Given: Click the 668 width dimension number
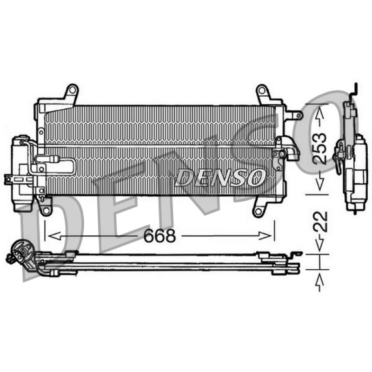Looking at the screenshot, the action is coord(160,236).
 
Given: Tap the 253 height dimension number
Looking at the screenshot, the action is coord(319,148).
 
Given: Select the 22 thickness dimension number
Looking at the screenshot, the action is coord(320,222).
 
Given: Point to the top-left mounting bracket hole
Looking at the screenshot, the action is coord(73,90).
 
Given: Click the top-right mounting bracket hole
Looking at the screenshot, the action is coord(261,90).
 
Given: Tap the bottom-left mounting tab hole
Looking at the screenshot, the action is coord(46,210).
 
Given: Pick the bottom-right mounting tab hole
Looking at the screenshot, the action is coord(259,211).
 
